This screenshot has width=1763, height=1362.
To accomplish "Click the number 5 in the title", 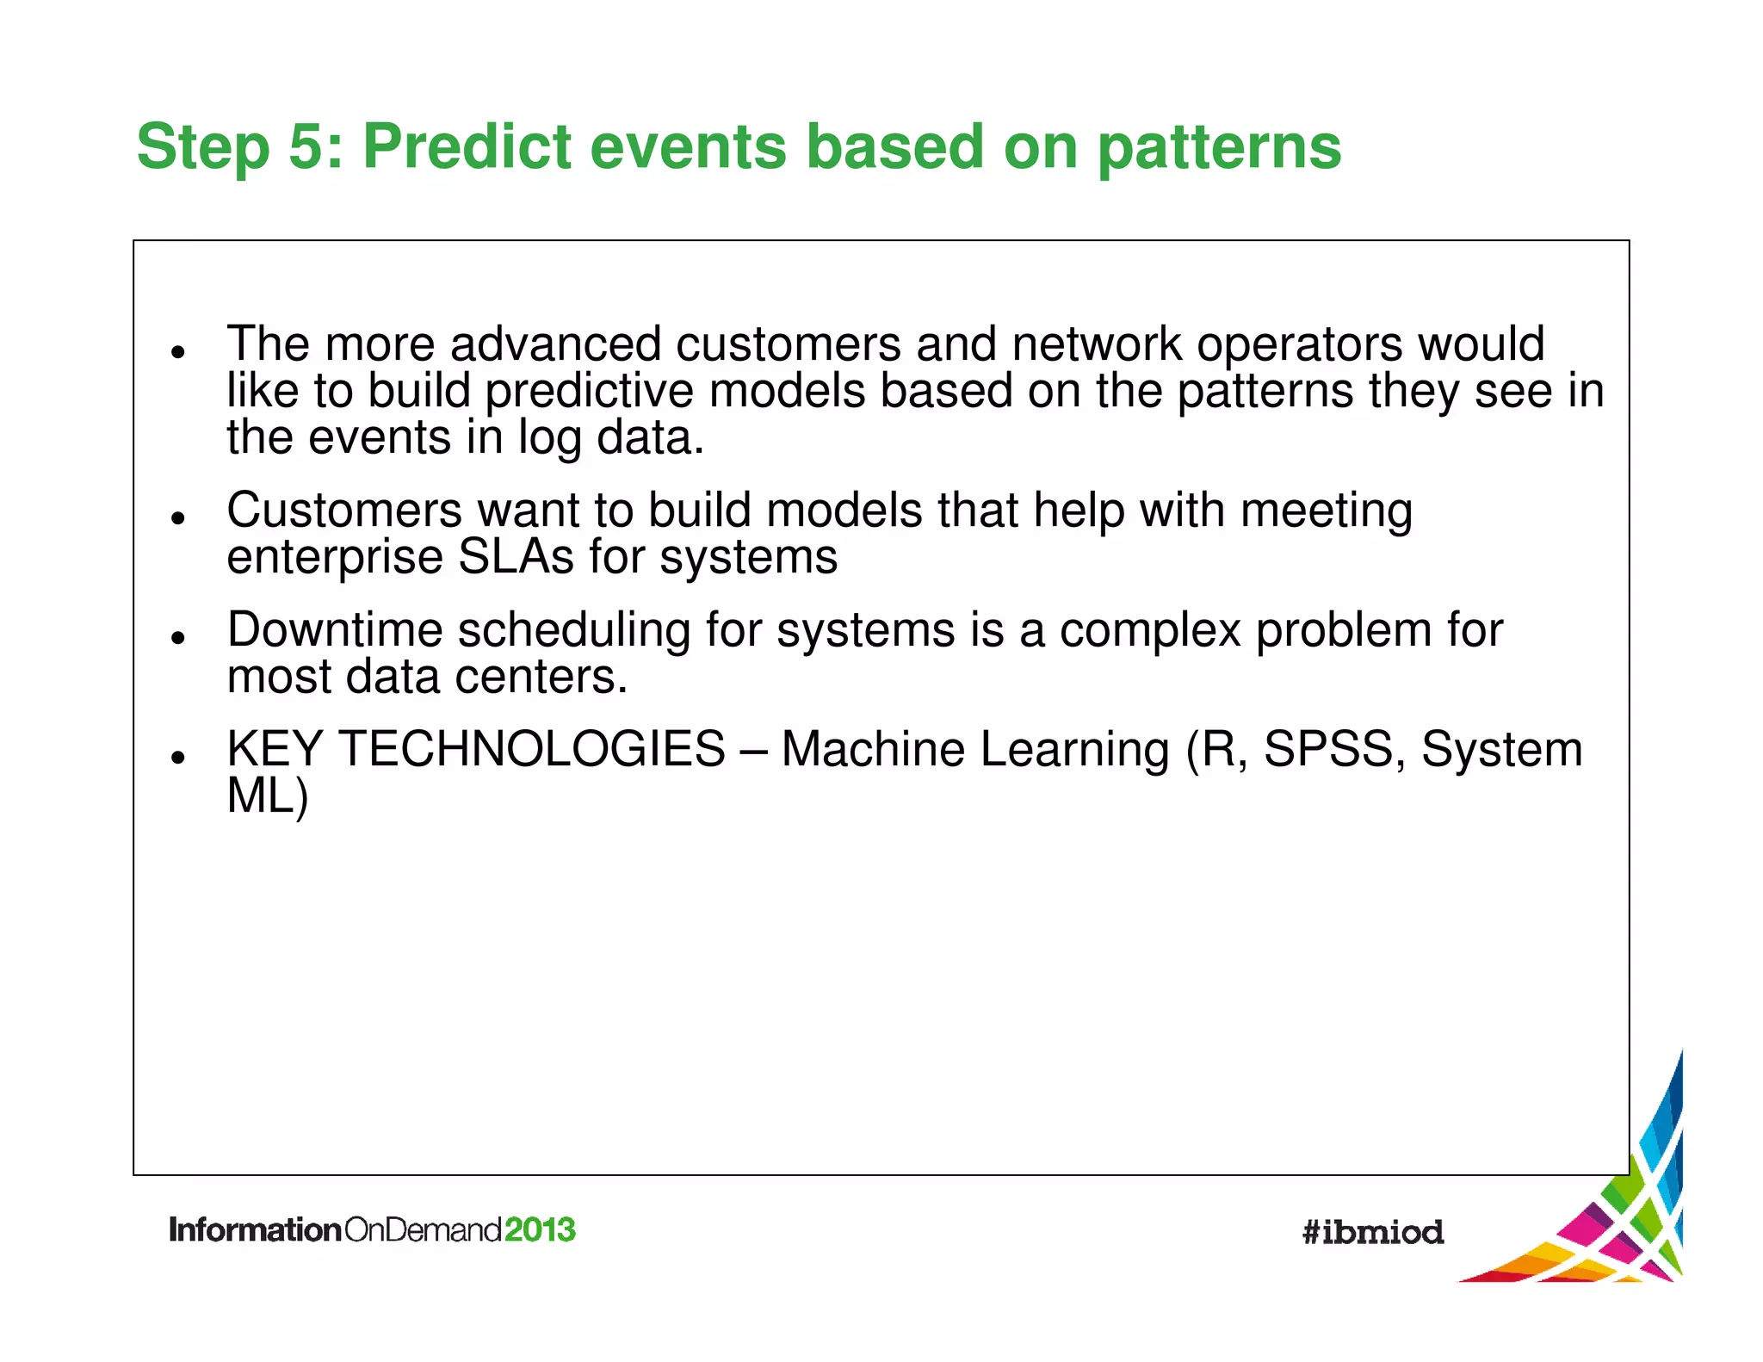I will (306, 146).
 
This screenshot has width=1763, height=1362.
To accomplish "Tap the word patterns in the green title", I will (1219, 148).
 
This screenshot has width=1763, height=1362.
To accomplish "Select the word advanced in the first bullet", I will (555, 344).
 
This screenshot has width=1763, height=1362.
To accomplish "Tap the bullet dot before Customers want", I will (178, 517).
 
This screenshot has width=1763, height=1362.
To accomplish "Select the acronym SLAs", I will (516, 557).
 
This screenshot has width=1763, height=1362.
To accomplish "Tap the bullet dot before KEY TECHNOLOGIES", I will (178, 757).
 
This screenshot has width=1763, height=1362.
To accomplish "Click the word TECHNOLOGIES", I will (532, 749).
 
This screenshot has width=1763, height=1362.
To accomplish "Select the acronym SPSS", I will (1327, 749).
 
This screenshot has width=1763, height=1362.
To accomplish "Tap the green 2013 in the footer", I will (539, 1229).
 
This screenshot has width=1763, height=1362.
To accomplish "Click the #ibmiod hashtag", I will (1372, 1232).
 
